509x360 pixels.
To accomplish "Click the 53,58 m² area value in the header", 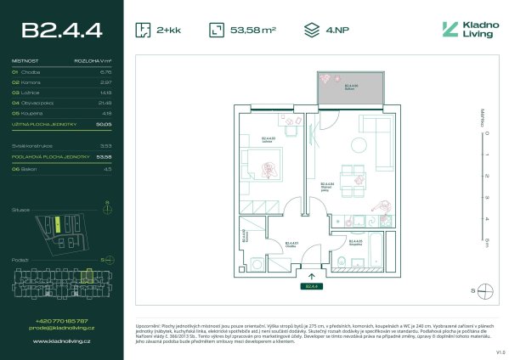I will coord(253,31).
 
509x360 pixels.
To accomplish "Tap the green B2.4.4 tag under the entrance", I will coord(312,286).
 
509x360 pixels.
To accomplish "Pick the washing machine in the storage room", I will coord(257,262).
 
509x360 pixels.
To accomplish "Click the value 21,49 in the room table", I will coord(105,102).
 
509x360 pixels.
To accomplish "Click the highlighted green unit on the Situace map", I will coord(56,223).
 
